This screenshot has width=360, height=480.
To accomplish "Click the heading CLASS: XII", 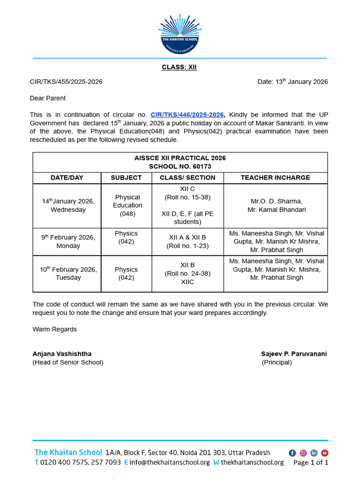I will [x=180, y=67].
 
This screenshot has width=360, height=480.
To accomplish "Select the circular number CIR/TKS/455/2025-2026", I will [x=66, y=82].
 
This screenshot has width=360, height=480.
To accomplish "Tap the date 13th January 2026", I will [x=292, y=82].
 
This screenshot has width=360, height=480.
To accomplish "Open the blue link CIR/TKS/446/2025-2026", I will [x=187, y=115].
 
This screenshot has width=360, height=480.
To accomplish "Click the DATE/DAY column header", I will [x=67, y=178].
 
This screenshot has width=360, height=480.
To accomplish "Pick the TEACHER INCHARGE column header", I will [x=275, y=178].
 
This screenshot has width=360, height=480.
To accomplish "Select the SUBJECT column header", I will [x=126, y=178].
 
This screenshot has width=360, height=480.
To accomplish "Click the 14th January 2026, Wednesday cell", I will [x=68, y=205].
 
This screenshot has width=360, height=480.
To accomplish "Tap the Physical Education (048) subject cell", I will [x=127, y=205].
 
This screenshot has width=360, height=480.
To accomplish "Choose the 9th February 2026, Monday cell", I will [x=68, y=241].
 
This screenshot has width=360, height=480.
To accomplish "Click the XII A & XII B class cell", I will [x=187, y=241].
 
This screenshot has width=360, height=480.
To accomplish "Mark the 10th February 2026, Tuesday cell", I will [x=68, y=273].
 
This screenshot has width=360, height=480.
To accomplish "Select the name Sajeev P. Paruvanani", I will [x=294, y=354].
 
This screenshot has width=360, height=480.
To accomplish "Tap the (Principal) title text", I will [x=277, y=362].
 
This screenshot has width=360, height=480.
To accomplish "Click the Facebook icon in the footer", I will [x=292, y=453].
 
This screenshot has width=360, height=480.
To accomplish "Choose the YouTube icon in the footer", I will [x=325, y=453].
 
